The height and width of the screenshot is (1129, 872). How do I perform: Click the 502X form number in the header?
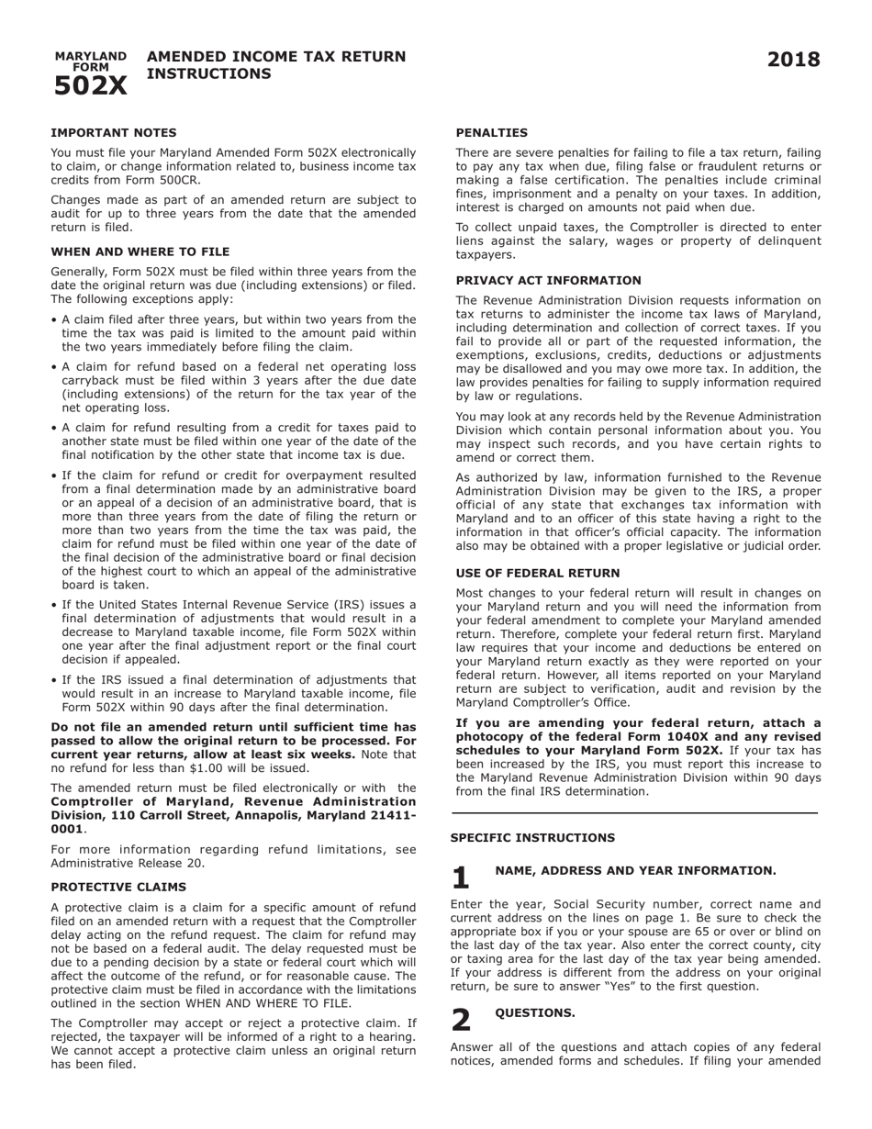[90, 85]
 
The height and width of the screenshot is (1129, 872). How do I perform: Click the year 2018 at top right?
[793, 61]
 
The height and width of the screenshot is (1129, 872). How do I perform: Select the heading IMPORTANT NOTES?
[114, 132]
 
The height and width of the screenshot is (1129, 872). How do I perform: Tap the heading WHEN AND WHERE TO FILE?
[140, 252]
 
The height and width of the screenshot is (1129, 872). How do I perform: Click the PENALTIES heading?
[492, 132]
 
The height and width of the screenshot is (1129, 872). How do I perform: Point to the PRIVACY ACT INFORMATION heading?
[549, 280]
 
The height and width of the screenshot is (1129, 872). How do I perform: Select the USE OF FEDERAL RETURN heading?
[538, 573]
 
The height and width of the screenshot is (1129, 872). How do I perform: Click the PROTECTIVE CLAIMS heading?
[118, 887]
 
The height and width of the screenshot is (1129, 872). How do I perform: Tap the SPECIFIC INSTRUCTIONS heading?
[533, 837]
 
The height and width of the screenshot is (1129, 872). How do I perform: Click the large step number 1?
[461, 877]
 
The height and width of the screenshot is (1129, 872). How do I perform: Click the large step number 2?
[461, 1019]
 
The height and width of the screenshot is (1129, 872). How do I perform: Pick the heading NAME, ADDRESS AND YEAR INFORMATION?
[635, 870]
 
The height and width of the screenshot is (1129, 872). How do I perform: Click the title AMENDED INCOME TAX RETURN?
[276, 57]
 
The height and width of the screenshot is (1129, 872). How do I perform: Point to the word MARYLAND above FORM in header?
[91, 56]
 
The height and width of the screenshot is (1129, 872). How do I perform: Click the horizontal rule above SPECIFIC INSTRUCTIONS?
[634, 813]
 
